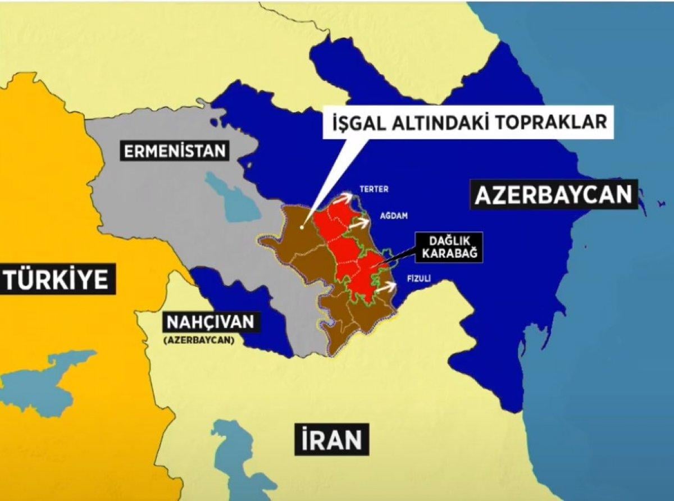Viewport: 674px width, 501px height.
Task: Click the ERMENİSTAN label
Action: tap(175, 151)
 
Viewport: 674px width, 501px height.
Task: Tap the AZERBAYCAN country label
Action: tap(554, 195)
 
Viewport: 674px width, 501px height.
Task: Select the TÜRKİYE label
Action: tap(57, 279)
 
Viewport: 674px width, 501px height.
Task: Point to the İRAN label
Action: tap(331, 439)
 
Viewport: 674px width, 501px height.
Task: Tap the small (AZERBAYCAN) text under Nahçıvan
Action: tap(198, 340)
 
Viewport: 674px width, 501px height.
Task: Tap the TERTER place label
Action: tap(374, 190)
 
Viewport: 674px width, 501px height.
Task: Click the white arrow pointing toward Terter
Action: tap(344, 197)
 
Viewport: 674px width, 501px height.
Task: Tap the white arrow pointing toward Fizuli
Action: tap(386, 288)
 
